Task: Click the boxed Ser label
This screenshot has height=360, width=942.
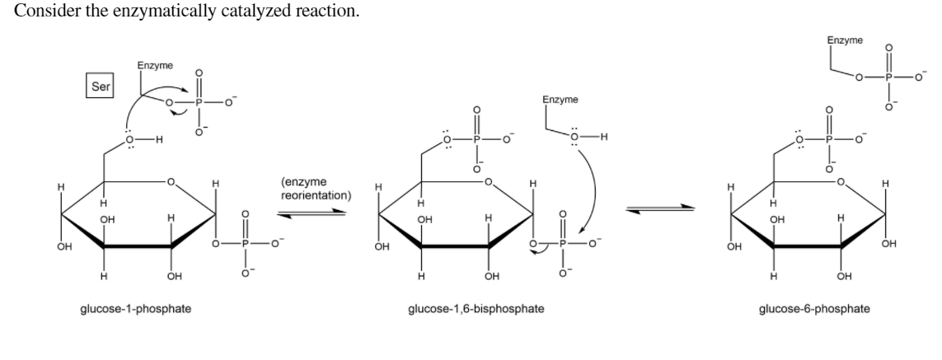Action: click(x=101, y=85)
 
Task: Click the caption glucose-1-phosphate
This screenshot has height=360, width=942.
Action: click(x=145, y=309)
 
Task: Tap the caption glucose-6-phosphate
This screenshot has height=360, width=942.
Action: click(x=808, y=309)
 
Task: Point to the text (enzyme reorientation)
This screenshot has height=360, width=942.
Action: click(x=316, y=189)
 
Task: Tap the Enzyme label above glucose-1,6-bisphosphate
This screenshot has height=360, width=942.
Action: click(x=560, y=100)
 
